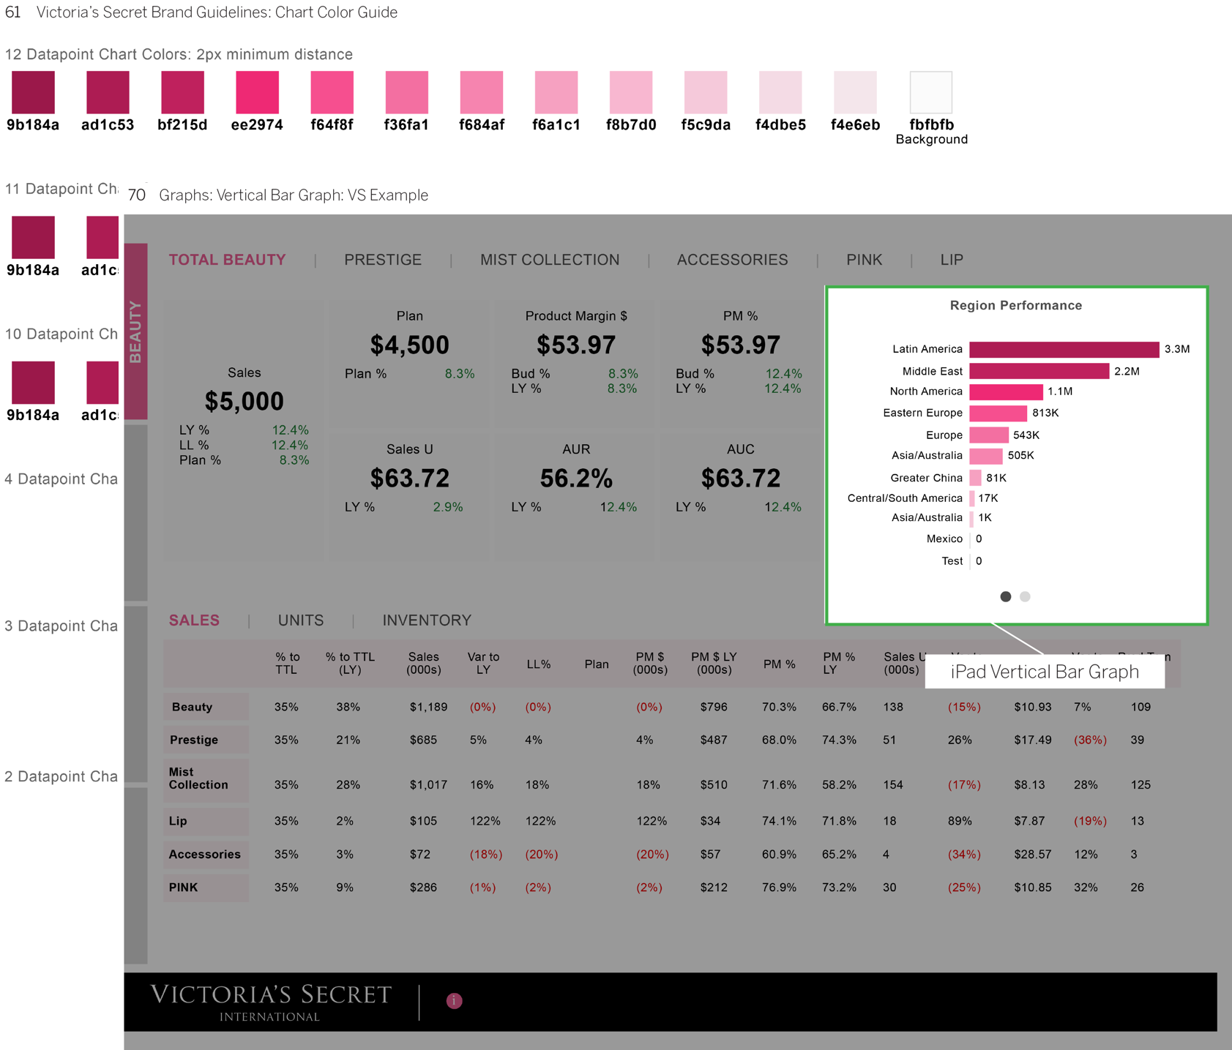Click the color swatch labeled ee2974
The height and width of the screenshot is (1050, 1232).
[257, 92]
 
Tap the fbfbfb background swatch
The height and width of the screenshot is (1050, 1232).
[930, 92]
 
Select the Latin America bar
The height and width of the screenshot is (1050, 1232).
[1064, 350]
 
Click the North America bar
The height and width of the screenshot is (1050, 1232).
[1006, 392]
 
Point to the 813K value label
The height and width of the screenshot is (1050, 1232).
[1045, 413]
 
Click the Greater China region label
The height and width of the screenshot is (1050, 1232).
[926, 478]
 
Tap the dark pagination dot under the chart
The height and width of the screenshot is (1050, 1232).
[1005, 597]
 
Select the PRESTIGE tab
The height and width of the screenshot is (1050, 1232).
[383, 260]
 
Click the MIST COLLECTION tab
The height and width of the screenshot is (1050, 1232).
[550, 260]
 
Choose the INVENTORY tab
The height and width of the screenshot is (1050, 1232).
[427, 620]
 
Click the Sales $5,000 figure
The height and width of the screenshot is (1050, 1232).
[244, 401]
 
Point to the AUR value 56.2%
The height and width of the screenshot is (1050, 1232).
[576, 479]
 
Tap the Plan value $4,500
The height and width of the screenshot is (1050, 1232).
[409, 345]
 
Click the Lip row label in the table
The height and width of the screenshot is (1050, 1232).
[179, 821]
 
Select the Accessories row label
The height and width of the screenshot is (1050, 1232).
[205, 854]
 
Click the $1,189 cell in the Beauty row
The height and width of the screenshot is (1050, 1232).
[428, 707]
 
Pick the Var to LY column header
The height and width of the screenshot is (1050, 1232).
[483, 663]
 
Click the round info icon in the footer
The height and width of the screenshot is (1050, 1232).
[454, 1001]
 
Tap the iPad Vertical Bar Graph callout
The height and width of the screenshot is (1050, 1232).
[1045, 672]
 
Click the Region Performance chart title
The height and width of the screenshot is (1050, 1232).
[1015, 306]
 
